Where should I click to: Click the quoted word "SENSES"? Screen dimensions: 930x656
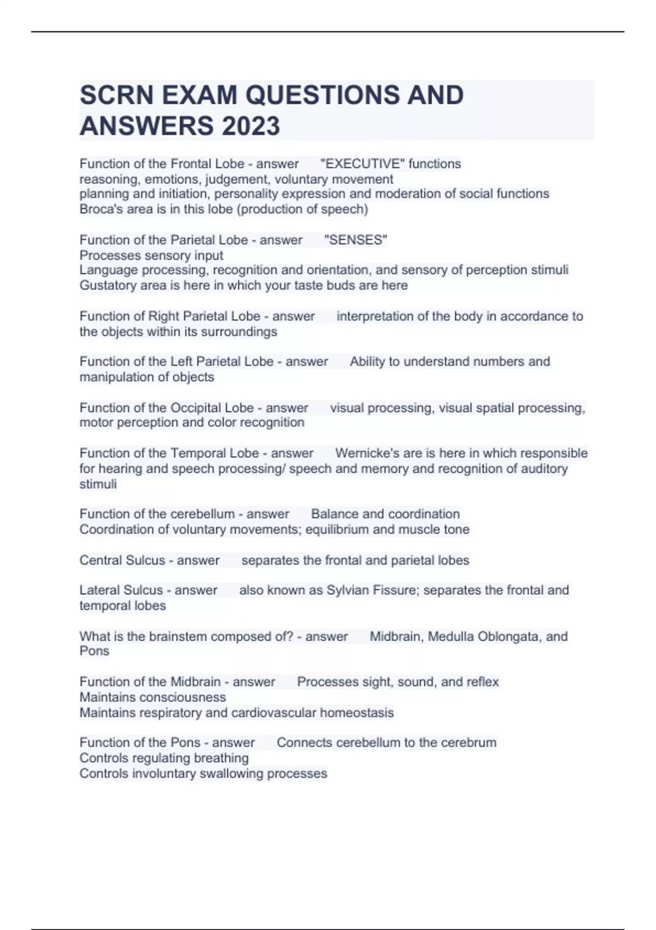tap(356, 240)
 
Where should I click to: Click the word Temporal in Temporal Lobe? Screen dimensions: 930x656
tap(198, 453)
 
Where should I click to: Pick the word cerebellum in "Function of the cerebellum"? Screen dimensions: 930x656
tap(202, 514)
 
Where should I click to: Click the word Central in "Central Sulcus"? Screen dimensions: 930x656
tap(99, 560)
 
